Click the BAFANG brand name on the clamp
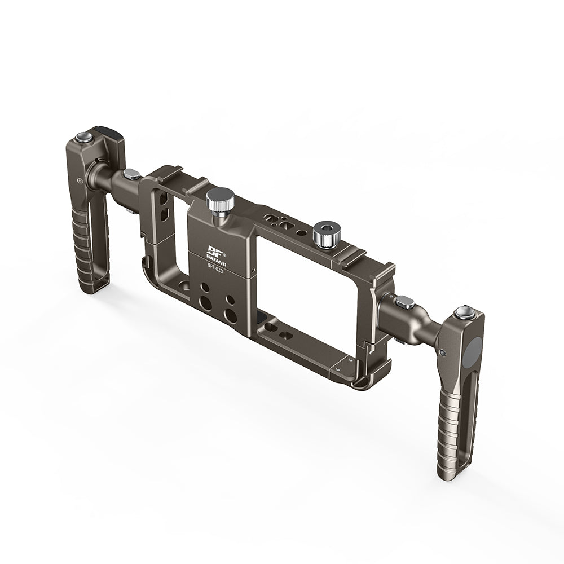[x=217, y=257]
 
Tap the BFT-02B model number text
[x=215, y=268]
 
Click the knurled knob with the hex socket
[x=326, y=233]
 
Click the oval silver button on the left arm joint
[x=131, y=174]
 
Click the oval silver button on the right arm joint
[x=405, y=301]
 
